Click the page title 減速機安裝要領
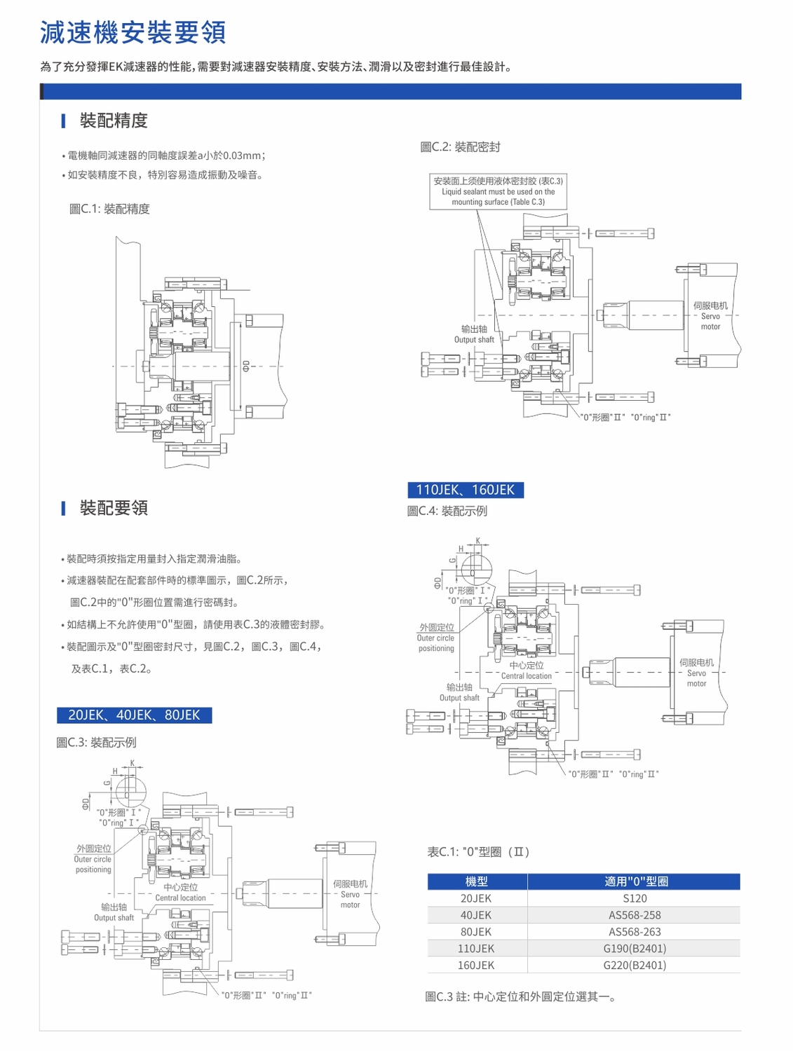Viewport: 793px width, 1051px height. (x=133, y=32)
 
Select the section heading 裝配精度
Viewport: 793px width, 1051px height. (x=114, y=121)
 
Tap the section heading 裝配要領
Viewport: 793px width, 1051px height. (x=114, y=507)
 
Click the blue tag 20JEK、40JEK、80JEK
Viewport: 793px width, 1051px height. (x=134, y=715)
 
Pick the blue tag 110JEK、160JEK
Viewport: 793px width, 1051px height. (x=466, y=490)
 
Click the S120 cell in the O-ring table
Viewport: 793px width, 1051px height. (x=635, y=898)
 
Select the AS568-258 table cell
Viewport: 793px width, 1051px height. (x=635, y=915)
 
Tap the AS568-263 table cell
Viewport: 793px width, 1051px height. (x=635, y=932)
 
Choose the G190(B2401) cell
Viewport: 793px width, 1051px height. (x=635, y=949)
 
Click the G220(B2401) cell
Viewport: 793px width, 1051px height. (x=635, y=966)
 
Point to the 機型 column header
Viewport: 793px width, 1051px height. (x=476, y=881)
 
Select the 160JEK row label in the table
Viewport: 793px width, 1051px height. (x=476, y=966)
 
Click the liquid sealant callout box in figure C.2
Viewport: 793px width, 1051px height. (x=498, y=191)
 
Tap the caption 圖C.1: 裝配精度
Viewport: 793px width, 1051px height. (x=109, y=209)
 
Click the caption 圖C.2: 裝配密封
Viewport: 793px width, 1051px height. (x=460, y=147)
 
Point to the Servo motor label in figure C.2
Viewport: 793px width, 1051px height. (x=710, y=316)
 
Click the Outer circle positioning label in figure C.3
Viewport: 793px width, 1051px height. (x=93, y=859)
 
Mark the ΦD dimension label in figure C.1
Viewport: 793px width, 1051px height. (x=245, y=366)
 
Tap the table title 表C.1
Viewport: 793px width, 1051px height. (x=478, y=852)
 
